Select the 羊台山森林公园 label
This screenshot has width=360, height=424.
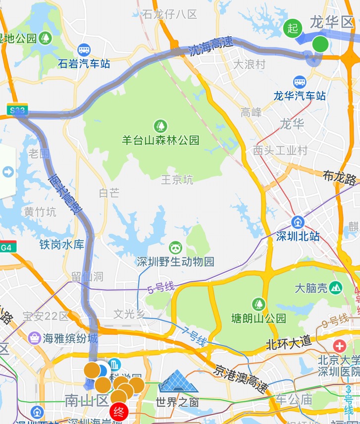160,140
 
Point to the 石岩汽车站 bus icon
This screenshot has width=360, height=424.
84,50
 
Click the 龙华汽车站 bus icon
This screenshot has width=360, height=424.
300,82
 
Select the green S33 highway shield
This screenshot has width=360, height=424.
16,110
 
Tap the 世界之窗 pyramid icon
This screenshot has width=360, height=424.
178,381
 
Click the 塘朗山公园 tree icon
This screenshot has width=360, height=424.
258,304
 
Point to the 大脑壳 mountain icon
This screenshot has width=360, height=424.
336,287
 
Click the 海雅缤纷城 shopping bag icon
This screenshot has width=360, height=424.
36,339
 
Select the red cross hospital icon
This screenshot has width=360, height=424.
340,346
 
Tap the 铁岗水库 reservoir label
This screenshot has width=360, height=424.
62,245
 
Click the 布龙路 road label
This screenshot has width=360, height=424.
339,177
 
